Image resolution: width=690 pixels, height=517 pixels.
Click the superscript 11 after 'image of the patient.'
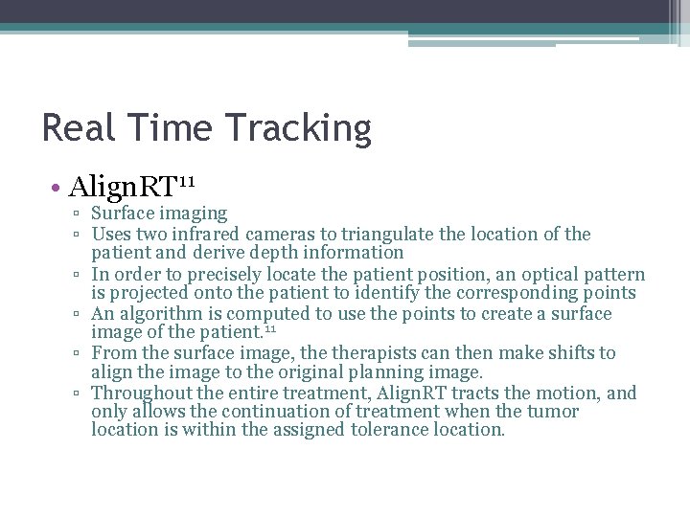(269, 329)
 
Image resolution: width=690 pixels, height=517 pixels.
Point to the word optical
(537, 274)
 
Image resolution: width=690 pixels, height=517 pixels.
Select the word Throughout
(141, 393)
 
